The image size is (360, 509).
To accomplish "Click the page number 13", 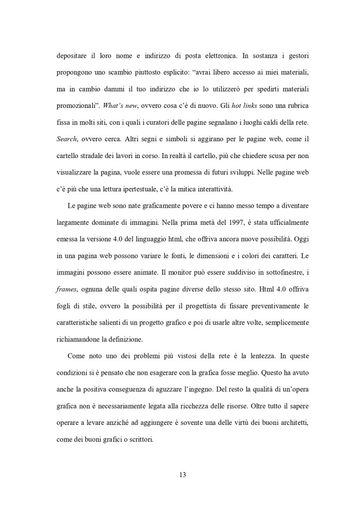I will (x=182, y=474).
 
